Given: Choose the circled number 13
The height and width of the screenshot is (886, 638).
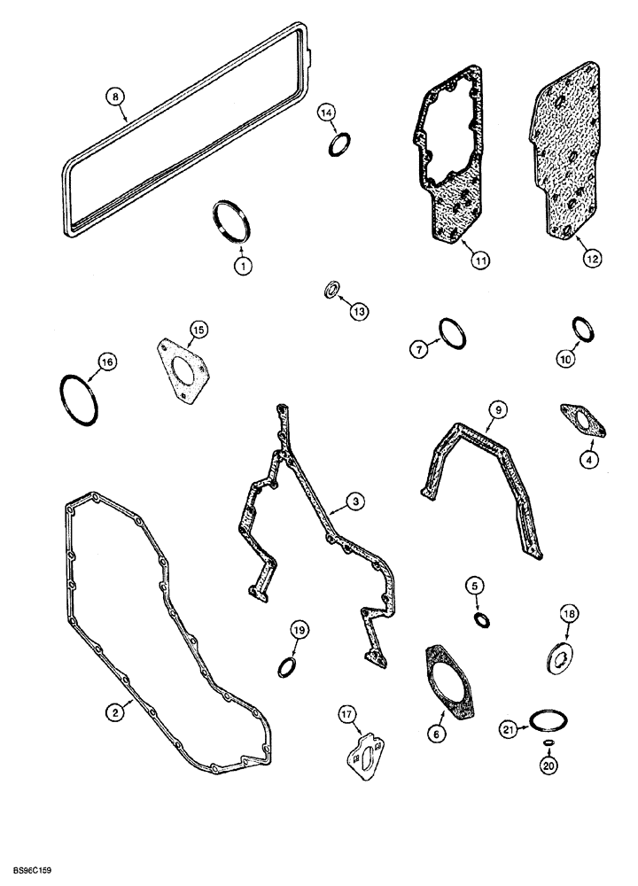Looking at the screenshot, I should [x=361, y=310].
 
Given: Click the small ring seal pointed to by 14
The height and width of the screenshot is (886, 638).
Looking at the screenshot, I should [x=338, y=143].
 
